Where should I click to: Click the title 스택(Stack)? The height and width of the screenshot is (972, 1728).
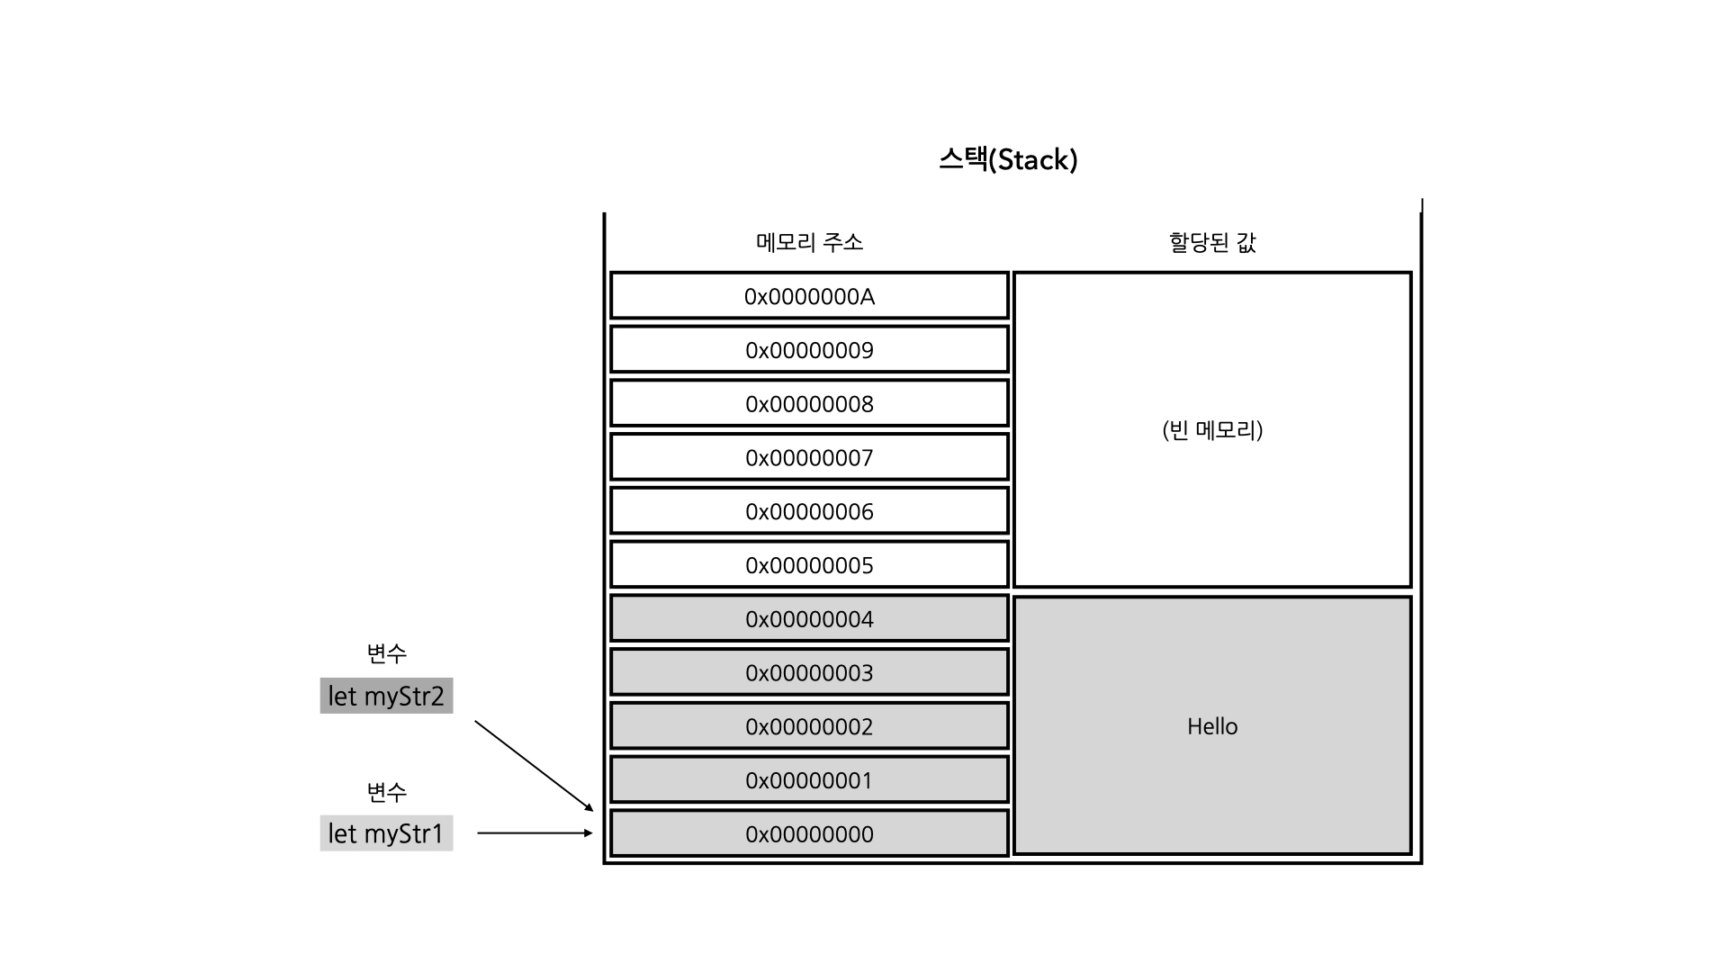(1008, 160)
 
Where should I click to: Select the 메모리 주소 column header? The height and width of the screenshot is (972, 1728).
(809, 242)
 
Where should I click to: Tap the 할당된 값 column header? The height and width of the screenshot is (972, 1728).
(1212, 242)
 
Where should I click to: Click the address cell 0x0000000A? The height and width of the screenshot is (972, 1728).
(809, 296)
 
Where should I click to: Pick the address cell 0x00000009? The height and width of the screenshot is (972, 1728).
(809, 350)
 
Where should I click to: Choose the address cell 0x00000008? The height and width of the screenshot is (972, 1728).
(809, 404)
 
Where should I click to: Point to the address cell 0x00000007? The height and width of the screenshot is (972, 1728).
(809, 458)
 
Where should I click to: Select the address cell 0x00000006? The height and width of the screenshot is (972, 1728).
(809, 512)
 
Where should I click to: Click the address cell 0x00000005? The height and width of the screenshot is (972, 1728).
(809, 565)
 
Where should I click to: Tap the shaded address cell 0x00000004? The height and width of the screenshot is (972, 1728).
(809, 619)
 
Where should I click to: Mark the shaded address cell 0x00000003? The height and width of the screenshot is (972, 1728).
(809, 673)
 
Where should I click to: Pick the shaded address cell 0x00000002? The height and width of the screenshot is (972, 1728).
(809, 726)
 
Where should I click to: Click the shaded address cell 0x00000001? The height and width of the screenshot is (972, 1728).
(809, 780)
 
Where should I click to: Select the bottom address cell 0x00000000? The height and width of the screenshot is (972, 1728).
(809, 834)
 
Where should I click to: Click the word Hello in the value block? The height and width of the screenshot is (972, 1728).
(1212, 726)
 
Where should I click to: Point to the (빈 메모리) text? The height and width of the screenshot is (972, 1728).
(1212, 430)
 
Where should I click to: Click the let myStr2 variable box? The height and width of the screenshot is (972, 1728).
(386, 696)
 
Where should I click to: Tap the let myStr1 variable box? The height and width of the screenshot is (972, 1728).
(386, 833)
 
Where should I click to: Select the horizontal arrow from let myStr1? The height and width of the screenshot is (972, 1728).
(534, 833)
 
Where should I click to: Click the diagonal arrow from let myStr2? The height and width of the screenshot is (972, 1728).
(533, 766)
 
